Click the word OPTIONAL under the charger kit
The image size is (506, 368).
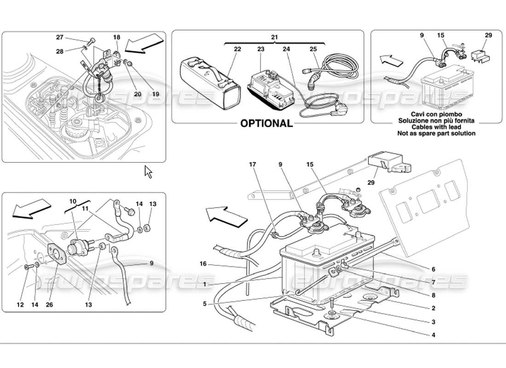point(267,123)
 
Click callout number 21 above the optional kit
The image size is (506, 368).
point(275,36)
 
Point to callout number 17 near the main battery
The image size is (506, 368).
point(252,164)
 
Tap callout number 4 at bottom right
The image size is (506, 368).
point(433,335)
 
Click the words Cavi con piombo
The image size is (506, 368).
point(436,114)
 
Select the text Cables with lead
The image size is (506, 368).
point(436,127)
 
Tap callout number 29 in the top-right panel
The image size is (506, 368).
point(488,35)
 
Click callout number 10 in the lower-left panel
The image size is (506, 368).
point(73,201)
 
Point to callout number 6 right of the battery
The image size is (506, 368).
point(433,269)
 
